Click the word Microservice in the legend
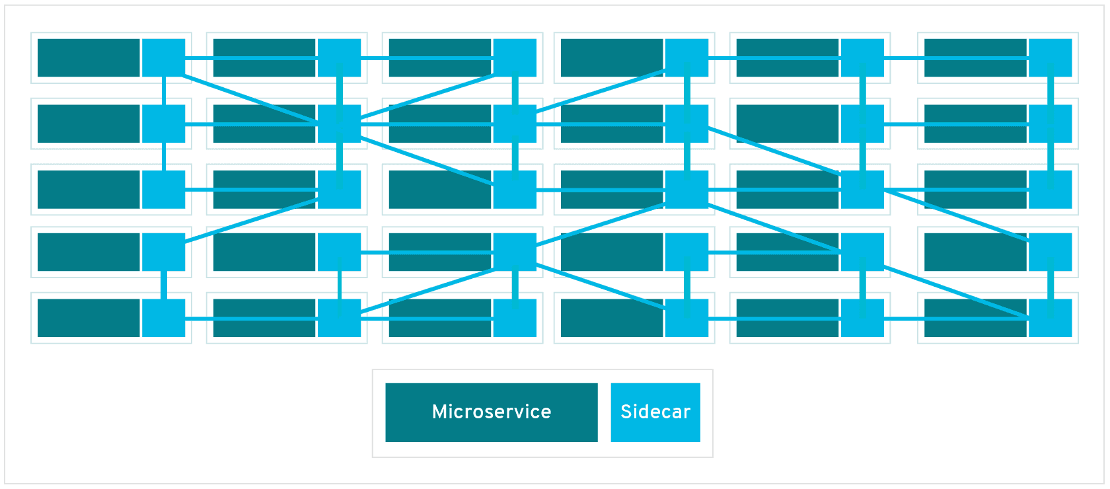point(492,412)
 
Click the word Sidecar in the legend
point(655,412)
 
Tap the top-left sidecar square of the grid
point(164,57)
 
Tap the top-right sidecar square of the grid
point(1051,57)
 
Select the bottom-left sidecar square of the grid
point(164,318)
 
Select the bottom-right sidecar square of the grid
point(1051,318)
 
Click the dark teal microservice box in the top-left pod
point(89,57)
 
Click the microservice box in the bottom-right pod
point(975,318)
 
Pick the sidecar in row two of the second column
point(340,124)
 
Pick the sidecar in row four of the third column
point(515,252)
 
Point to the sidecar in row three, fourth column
point(687,190)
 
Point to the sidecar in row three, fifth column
point(862,190)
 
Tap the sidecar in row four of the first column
point(164,252)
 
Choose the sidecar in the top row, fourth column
point(687,57)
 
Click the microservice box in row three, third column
point(440,190)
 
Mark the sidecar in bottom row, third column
point(515,318)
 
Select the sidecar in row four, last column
point(1051,252)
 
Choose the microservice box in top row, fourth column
point(612,57)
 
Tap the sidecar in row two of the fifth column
point(862,124)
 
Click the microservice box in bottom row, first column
point(89,318)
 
